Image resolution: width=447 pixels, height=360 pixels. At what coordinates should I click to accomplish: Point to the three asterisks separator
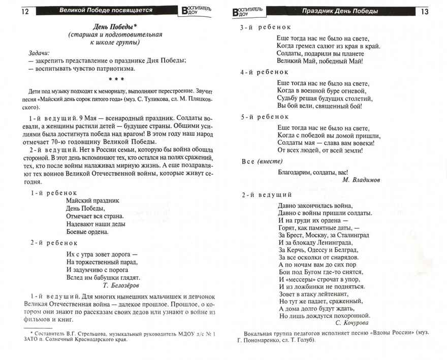tap(115, 79)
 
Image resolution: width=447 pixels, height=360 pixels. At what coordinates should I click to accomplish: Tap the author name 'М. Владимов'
tap(361, 180)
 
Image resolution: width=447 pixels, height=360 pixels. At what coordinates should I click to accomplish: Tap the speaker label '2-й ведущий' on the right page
tap(266, 194)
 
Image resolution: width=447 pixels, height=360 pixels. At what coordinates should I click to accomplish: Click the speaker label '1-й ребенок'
tap(54, 193)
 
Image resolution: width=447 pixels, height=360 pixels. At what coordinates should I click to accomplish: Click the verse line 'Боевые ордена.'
tap(87, 232)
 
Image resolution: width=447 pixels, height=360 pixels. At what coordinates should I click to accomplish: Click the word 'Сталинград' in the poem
tap(351, 235)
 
